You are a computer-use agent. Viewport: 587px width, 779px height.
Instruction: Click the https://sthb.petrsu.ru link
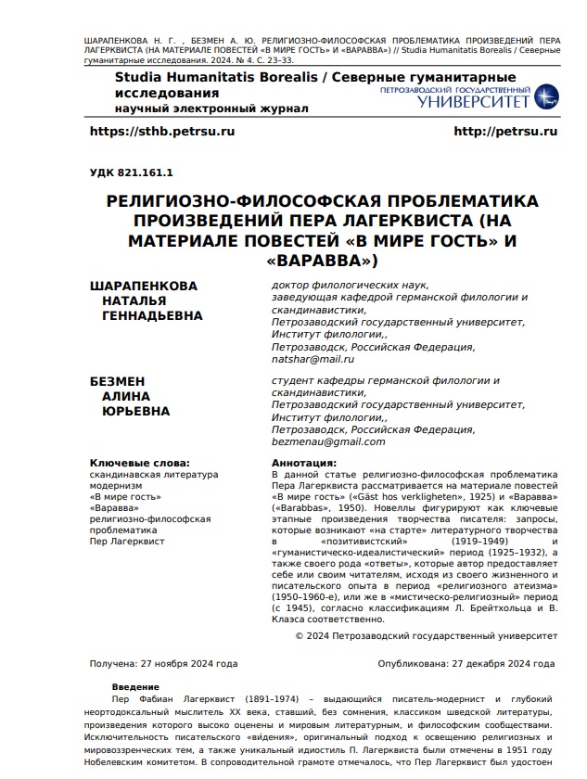pos(161,132)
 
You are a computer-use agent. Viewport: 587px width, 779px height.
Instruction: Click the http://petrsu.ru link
pos(505,132)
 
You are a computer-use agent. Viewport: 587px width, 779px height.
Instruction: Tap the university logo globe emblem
pos(546,95)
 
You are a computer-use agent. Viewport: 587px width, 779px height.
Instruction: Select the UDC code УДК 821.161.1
pos(131,172)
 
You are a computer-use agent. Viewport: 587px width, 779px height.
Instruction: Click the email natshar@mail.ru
pos(313,359)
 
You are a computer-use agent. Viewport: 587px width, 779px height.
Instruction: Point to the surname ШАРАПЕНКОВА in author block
pos(143,286)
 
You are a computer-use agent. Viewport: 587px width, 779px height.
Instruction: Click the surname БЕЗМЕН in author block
pos(117,382)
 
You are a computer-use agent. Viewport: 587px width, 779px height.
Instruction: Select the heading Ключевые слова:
pos(139,462)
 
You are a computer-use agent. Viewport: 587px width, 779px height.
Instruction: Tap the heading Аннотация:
pos(303,462)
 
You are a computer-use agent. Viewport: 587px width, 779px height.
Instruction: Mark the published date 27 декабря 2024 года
pos(503,664)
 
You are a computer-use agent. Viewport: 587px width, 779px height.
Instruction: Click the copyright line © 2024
pos(426,635)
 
